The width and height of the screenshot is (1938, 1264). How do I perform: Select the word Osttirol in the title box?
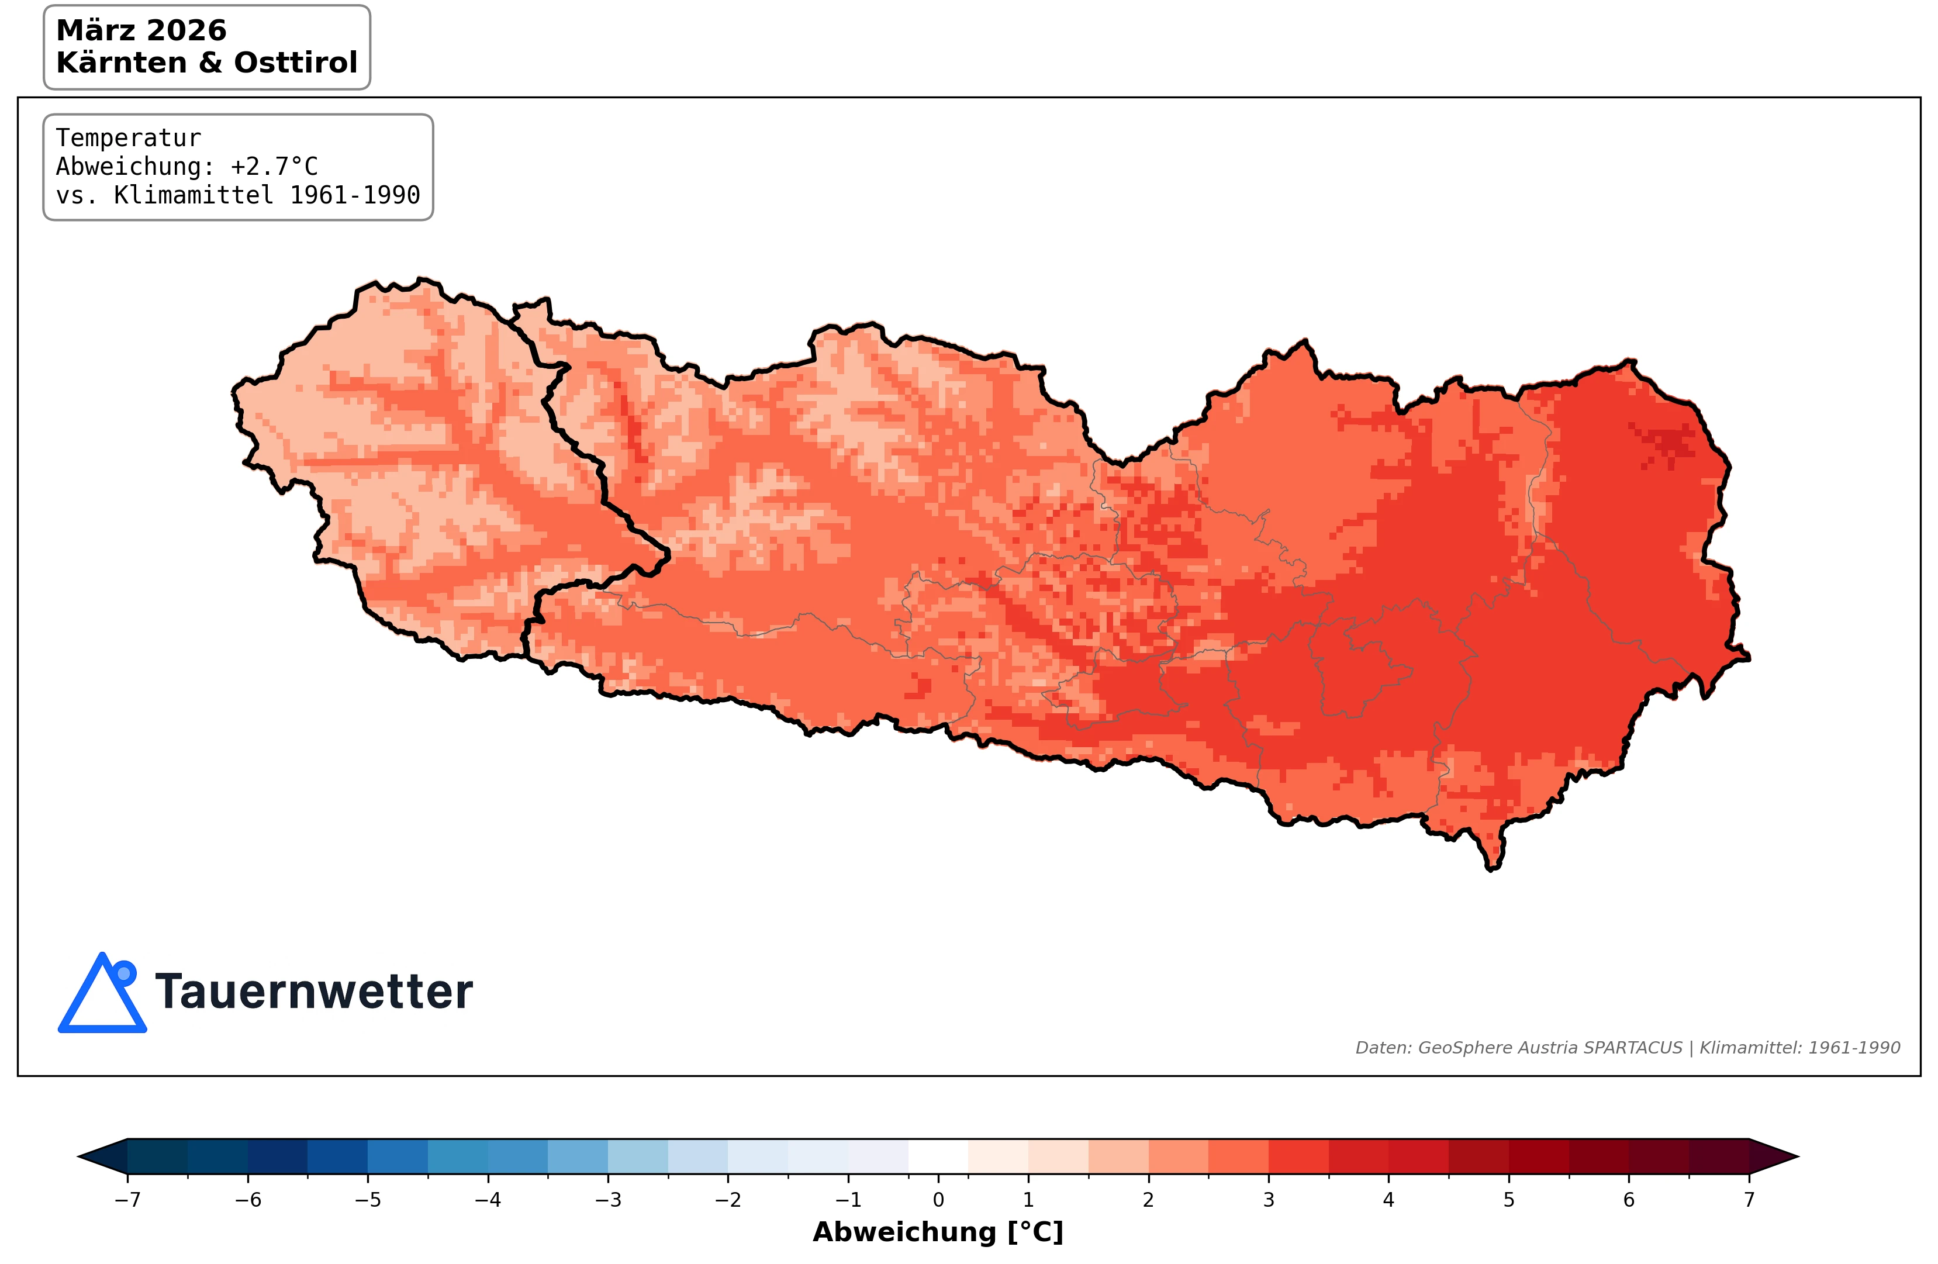coord(296,63)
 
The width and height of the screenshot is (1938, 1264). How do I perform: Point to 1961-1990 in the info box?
coord(355,195)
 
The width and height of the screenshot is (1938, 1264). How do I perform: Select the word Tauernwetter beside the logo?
coord(313,992)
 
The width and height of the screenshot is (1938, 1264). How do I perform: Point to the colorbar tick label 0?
coord(938,1200)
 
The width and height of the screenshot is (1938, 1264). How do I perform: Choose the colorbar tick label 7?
coord(1748,1200)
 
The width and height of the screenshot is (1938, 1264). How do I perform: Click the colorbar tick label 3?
coord(1268,1200)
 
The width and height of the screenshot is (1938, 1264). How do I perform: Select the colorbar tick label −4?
coord(487,1200)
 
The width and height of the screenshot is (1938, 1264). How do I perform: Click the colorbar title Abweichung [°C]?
coord(938,1232)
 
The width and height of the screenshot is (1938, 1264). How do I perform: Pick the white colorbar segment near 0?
coord(938,1156)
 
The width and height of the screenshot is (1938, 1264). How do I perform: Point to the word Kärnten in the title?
coord(120,63)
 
